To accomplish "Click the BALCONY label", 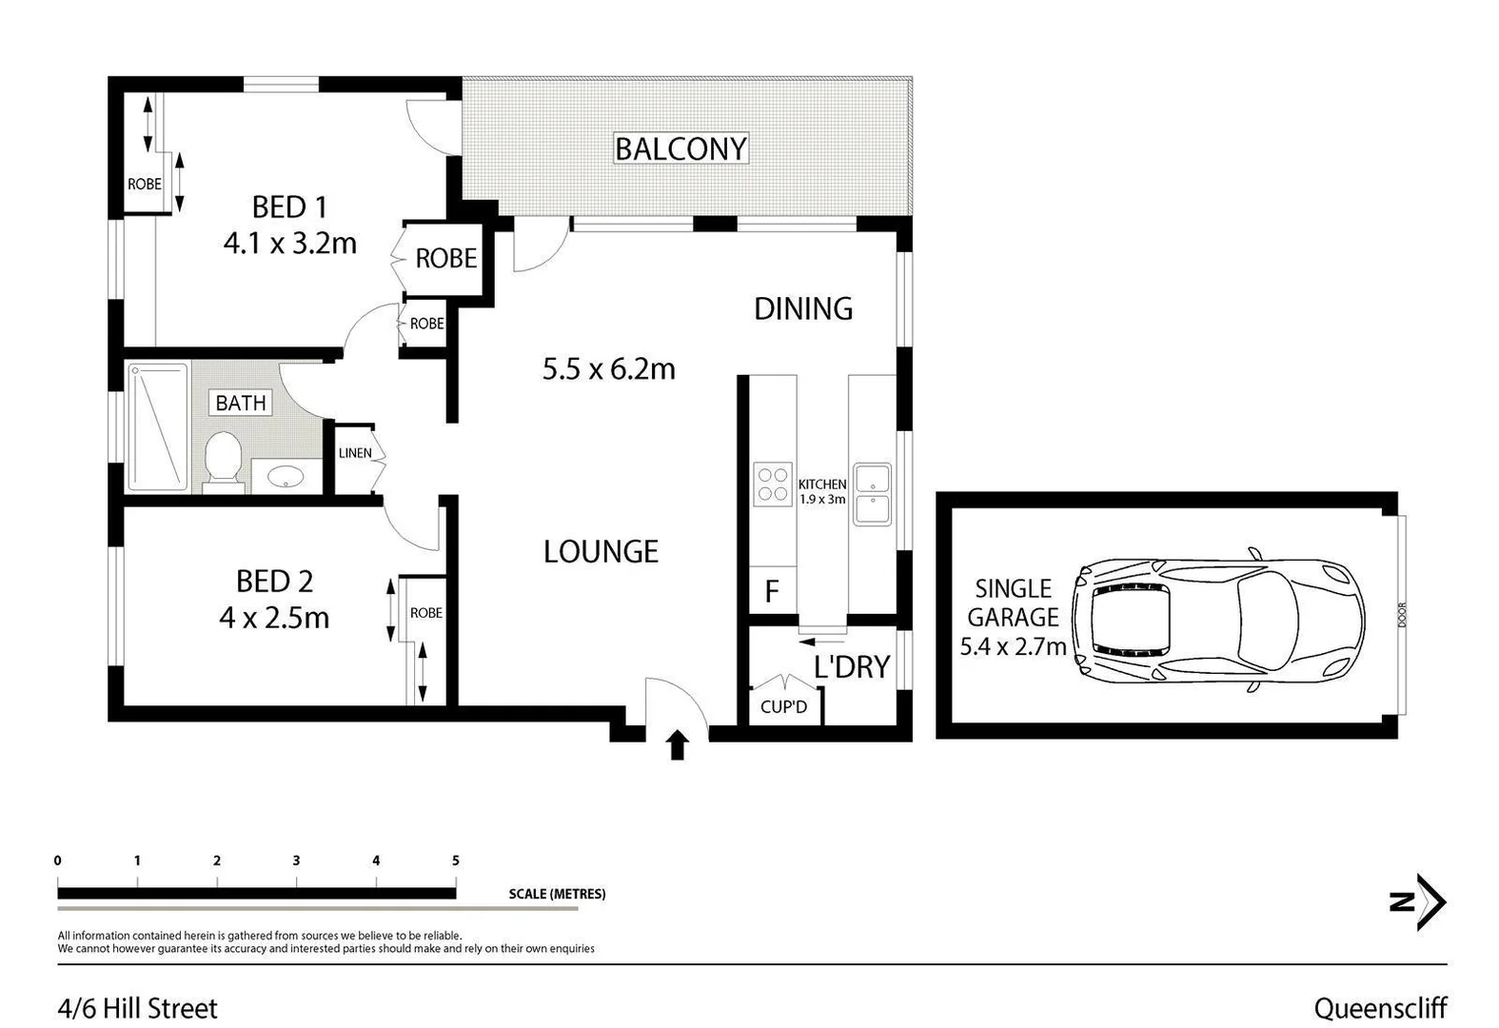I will pos(680,148).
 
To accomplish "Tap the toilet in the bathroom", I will pos(223,460).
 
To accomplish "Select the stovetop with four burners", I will pos(772,484).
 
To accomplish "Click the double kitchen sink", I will pos(872,494).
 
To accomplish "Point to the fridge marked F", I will pos(772,592).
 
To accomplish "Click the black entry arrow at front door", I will pos(677,744).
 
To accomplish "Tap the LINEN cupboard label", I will pos(355,453).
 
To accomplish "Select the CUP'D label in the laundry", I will pos(783,706).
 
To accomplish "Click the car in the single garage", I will pos(1218,619).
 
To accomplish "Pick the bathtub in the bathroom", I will pos(157,426).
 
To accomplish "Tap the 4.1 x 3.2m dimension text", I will pos(289,244).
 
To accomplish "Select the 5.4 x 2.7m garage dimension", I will pos(1013,647).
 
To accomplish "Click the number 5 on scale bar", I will pos(456,860).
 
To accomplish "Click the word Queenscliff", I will pos(1380,1008).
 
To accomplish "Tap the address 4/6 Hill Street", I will pos(138,1008).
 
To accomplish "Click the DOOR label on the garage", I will pos(1402,616).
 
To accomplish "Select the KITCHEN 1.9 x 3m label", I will pos(822,491).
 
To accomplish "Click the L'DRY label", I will pos(851,666).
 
